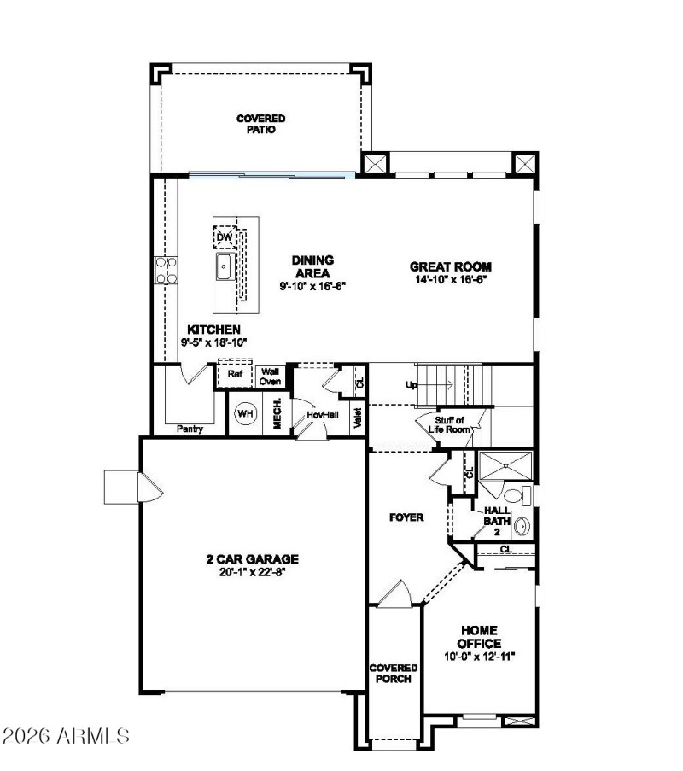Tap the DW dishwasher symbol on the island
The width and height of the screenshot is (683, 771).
point(224,237)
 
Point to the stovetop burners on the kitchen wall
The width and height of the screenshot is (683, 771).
point(165,270)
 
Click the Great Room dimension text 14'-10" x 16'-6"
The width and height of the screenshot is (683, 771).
point(451,279)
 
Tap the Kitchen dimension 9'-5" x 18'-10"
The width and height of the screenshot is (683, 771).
point(213,342)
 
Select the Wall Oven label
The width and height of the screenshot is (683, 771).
point(271,377)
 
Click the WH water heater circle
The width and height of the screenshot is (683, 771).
point(246,414)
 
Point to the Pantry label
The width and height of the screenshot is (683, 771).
point(190,429)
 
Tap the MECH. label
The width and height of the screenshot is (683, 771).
point(277,414)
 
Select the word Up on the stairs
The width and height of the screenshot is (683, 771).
point(412,385)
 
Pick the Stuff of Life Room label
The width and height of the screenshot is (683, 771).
point(452,424)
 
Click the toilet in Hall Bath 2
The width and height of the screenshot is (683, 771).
point(513,495)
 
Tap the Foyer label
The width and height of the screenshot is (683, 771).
point(406,517)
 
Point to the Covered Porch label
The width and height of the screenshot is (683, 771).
point(394,673)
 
